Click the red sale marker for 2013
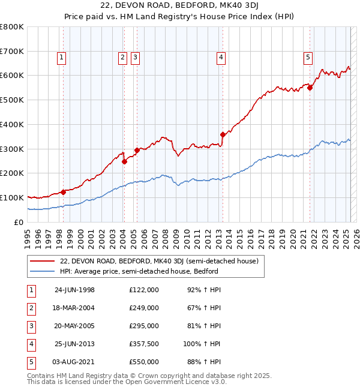coord(223,134)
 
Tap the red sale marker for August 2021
coord(310,88)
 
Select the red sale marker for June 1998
coord(63,192)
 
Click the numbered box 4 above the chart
coord(221,58)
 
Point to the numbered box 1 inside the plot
coord(62,58)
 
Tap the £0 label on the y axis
coord(18,222)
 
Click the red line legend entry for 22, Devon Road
coord(159,261)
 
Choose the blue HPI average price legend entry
coord(139,271)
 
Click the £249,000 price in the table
coord(144,308)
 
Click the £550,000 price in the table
coord(144,362)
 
